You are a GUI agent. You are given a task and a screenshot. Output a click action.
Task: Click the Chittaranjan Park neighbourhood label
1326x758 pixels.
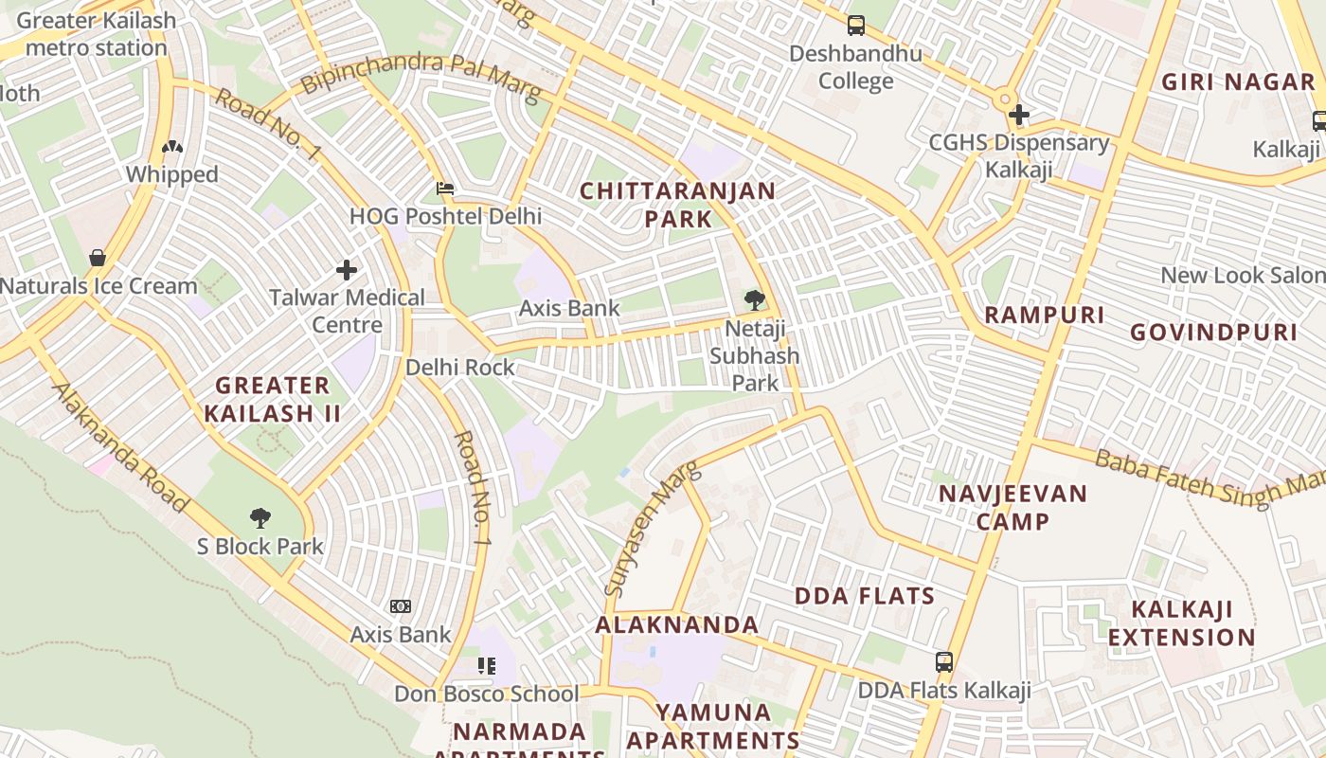(x=677, y=205)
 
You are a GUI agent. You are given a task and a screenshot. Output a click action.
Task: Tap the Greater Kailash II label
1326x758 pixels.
(x=273, y=399)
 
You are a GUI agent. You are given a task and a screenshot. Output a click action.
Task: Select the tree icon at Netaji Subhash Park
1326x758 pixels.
(x=755, y=300)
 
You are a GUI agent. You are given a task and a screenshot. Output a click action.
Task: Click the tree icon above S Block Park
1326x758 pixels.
(x=260, y=518)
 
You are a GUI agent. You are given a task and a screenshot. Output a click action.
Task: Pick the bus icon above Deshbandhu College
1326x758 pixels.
(x=856, y=26)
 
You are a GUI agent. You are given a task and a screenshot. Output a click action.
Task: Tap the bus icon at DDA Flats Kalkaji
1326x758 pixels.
(x=944, y=662)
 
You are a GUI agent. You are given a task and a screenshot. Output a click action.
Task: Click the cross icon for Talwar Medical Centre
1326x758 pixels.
(x=347, y=270)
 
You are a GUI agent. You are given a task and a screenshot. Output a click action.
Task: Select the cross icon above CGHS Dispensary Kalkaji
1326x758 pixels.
(x=1019, y=116)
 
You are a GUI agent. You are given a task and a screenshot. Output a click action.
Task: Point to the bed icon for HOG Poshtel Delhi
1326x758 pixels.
(x=445, y=189)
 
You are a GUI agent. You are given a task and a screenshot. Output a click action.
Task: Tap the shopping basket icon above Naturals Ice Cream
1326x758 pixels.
(x=98, y=258)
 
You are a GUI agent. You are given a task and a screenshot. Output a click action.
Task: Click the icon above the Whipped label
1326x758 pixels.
(x=172, y=147)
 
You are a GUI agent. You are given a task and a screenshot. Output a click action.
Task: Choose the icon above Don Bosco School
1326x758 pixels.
(x=487, y=666)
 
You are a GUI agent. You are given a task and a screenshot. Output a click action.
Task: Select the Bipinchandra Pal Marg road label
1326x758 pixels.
(x=420, y=78)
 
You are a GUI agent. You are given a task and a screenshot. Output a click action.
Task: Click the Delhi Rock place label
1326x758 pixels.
(x=460, y=368)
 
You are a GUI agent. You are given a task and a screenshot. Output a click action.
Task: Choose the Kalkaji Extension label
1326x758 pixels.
(x=1182, y=623)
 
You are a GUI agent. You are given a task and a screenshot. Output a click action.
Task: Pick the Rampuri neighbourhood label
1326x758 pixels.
(x=1045, y=315)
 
